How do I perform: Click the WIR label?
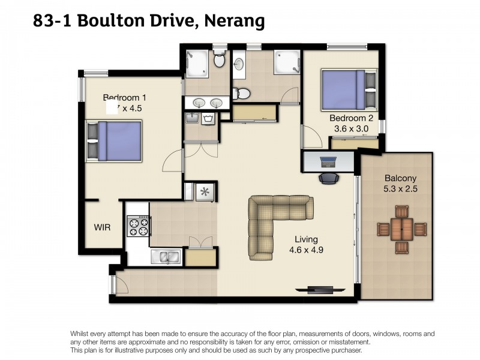(x=102, y=227)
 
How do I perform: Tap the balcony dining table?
(x=401, y=228)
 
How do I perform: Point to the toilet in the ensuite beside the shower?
(x=219, y=61)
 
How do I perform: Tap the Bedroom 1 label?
(x=124, y=98)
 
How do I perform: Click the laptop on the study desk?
(x=329, y=160)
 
